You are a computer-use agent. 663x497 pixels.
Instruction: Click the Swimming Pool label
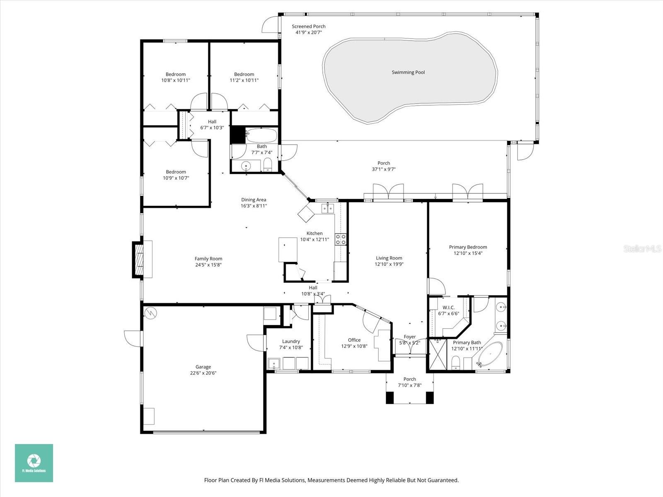click(408, 72)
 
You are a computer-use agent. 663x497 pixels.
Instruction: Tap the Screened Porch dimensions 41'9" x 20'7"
click(308, 32)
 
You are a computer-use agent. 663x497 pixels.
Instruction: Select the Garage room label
click(203, 367)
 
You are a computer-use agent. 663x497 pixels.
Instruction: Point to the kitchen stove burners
click(341, 239)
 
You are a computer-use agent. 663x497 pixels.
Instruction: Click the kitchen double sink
click(328, 208)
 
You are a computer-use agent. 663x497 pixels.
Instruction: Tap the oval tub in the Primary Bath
click(490, 355)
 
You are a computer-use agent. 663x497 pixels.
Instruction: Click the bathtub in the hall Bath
click(261, 135)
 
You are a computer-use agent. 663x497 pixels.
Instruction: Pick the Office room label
click(354, 340)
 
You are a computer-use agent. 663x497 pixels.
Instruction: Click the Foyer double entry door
click(410, 350)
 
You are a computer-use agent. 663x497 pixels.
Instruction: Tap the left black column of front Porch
click(390, 397)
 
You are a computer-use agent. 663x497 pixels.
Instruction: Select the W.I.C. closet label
click(448, 307)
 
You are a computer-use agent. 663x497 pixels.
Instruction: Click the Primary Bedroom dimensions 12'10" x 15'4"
click(468, 253)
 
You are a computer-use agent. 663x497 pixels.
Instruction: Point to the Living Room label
click(389, 258)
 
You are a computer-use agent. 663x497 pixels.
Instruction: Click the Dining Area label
click(254, 200)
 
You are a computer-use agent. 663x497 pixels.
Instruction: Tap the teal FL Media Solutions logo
click(34, 463)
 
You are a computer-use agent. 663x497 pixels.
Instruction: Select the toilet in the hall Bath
click(268, 164)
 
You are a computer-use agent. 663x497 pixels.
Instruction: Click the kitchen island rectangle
click(288, 249)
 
